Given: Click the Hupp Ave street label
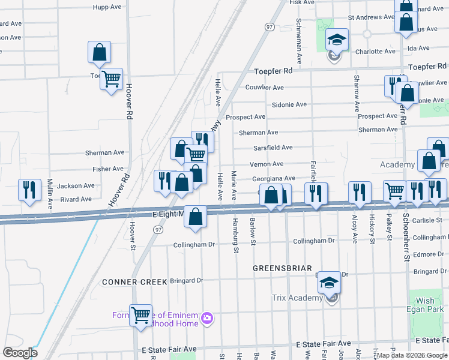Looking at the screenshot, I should coord(107,7).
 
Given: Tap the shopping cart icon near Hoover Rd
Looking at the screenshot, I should coord(112,79).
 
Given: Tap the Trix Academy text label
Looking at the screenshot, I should coord(297,298).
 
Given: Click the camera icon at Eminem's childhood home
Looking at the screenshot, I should coord(207,317).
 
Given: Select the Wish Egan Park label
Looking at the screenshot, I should coord(425,305).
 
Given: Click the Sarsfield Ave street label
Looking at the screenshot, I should coord(274,148).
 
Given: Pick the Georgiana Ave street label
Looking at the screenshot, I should coord(273,179).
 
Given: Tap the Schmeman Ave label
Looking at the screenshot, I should coord(298,33).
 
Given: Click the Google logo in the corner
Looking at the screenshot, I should coord(20,353).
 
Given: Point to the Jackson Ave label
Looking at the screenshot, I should coord(76,186).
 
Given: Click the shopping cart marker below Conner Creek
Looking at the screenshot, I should coord(140,314).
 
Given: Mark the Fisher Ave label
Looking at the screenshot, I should coord(108,169).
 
